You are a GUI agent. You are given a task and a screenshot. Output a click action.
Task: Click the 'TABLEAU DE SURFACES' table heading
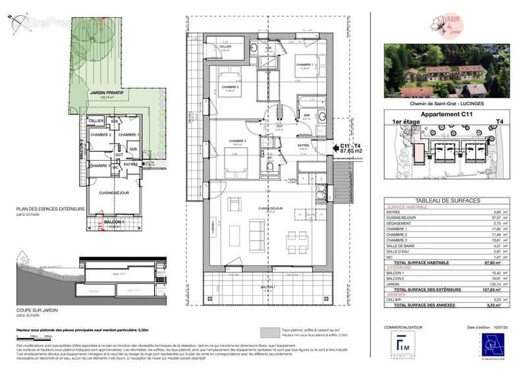coord(437,201)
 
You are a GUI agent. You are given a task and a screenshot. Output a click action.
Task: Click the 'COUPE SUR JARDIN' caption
coord(35,308)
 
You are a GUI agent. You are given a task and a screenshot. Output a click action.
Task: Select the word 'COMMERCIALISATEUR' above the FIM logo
coord(403,327)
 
